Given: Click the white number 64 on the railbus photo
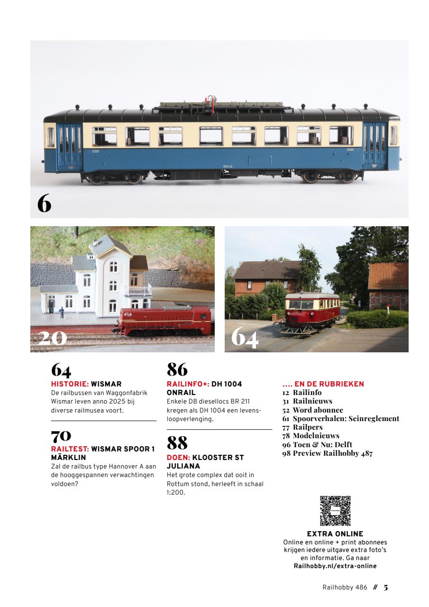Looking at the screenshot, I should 245,337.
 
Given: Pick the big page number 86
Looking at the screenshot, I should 177,369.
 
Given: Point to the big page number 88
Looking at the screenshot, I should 177,443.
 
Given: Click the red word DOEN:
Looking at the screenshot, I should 178,458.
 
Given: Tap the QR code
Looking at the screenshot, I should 335,511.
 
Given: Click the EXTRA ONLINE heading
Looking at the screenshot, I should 335,534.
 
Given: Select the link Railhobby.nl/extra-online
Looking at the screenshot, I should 335,566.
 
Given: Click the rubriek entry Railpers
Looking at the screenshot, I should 308,427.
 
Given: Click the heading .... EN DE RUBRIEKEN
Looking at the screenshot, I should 323,384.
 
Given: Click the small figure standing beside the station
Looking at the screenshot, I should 61,313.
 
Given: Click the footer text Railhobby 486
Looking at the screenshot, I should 345,587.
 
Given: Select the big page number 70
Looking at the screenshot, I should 61,434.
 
